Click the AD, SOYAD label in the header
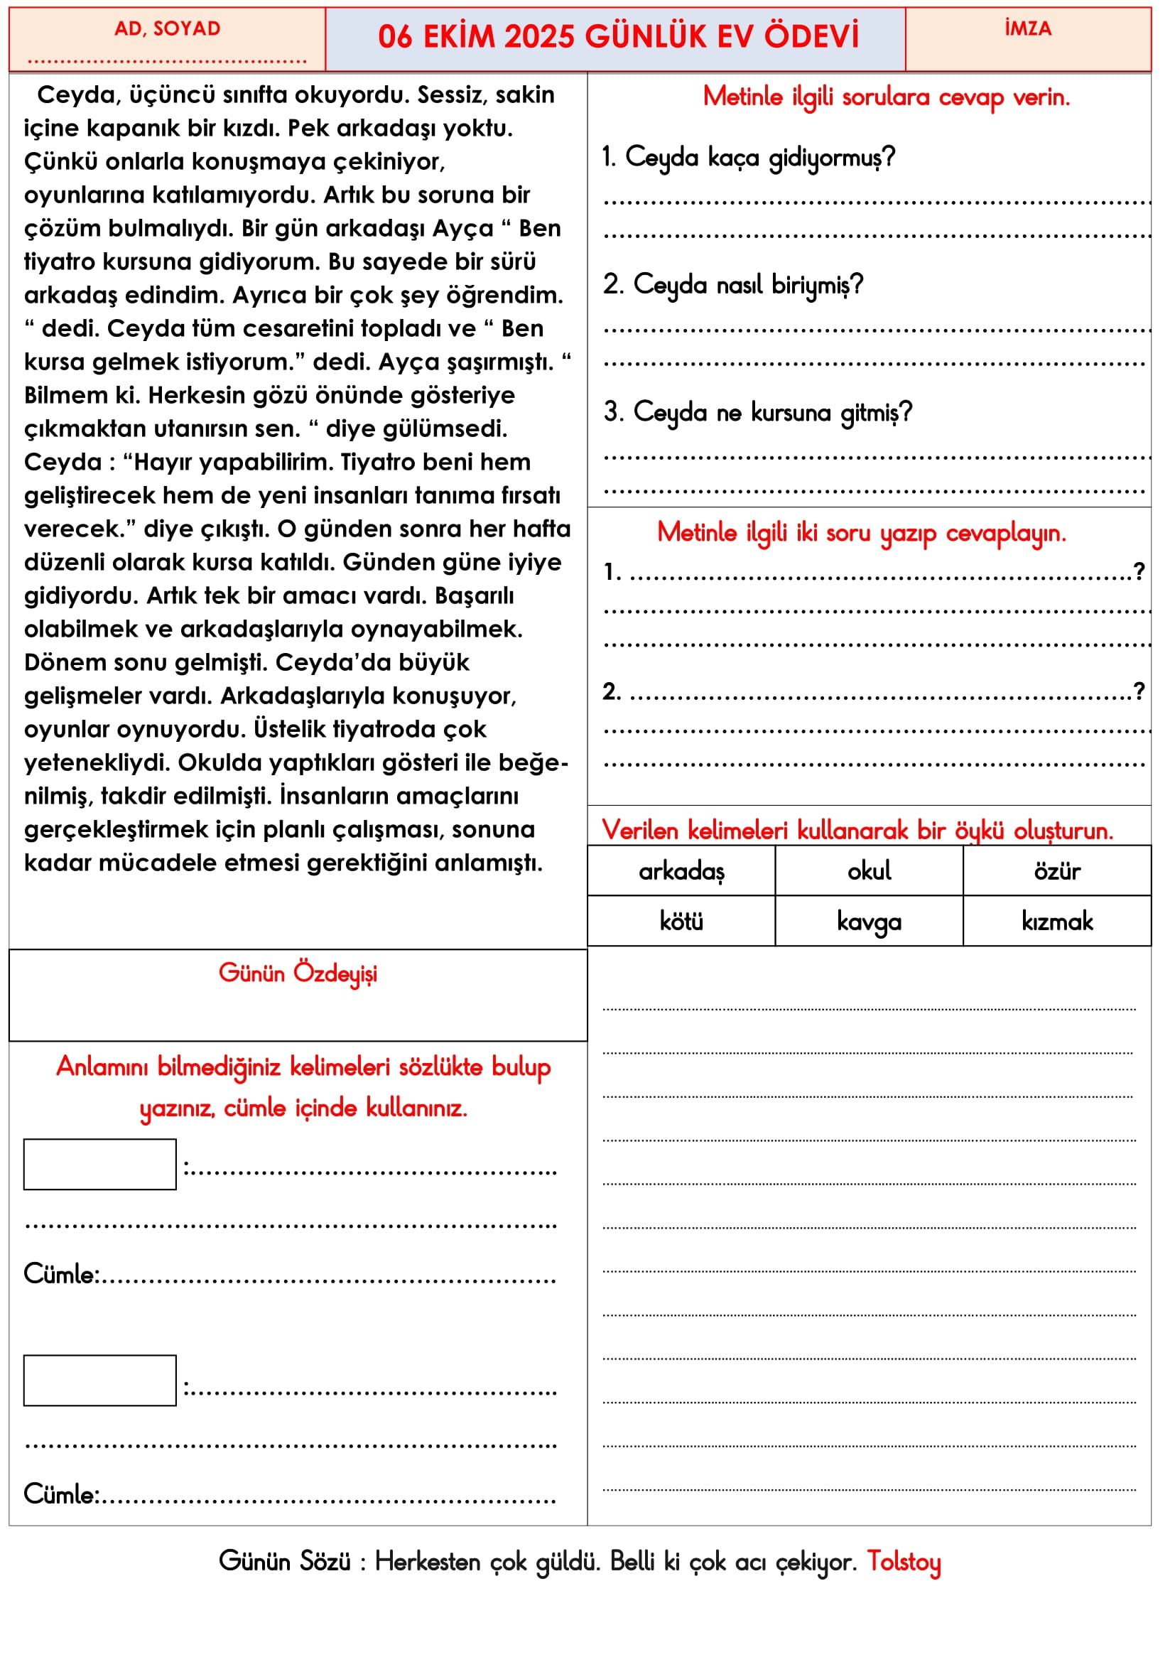pyautogui.click(x=167, y=29)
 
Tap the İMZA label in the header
pyautogui.click(x=1027, y=29)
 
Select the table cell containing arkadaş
pyautogui.click(x=681, y=872)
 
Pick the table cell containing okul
pyautogui.click(x=869, y=872)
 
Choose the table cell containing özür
pyautogui.click(x=1056, y=872)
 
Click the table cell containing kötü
pyautogui.click(x=681, y=922)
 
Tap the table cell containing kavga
pyautogui.click(x=869, y=922)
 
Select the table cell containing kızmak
pyautogui.click(x=1056, y=922)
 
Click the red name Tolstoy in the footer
pyautogui.click(x=904, y=1562)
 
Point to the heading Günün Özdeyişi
pyautogui.click(x=298, y=973)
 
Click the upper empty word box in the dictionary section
pyautogui.click(x=100, y=1165)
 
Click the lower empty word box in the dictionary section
pyautogui.click(x=100, y=1381)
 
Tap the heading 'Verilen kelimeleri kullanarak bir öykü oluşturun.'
pyautogui.click(x=857, y=830)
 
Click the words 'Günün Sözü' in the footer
pyautogui.click(x=284, y=1562)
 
